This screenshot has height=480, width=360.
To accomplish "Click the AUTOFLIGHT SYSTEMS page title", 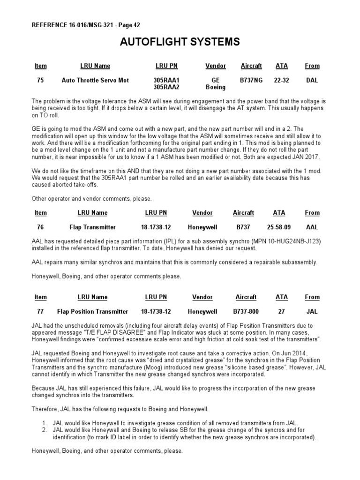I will tap(180, 43).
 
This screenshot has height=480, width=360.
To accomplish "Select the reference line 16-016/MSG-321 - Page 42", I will tap(86, 25).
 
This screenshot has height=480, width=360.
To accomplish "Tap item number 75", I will tap(40, 81).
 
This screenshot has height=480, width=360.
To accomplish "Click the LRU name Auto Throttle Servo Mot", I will tap(95, 81).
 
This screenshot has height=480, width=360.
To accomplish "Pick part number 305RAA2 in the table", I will tap(166, 87).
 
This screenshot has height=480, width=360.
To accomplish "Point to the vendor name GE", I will tap(216, 81).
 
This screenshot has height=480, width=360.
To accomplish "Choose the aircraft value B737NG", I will tap(251, 81).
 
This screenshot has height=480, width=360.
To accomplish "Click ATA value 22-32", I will tap(282, 81).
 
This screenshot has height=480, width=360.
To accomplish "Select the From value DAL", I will tap(312, 81).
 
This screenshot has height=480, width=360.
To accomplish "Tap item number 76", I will tap(40, 227).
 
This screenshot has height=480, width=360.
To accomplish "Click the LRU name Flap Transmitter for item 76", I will tap(93, 227).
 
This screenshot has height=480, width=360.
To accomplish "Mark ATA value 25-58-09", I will tap(279, 227).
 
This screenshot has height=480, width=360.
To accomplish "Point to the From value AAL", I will tap(312, 227).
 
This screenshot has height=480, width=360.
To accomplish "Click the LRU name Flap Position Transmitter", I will tap(92, 312).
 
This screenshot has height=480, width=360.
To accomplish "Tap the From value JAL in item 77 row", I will tap(312, 312).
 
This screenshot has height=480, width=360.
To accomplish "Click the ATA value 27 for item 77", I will tap(282, 312).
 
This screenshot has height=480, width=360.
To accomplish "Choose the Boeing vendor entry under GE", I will tap(216, 87).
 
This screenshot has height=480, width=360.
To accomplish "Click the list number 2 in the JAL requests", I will tap(44, 430).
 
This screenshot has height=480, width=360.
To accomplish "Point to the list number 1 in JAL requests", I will tap(44, 423).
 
